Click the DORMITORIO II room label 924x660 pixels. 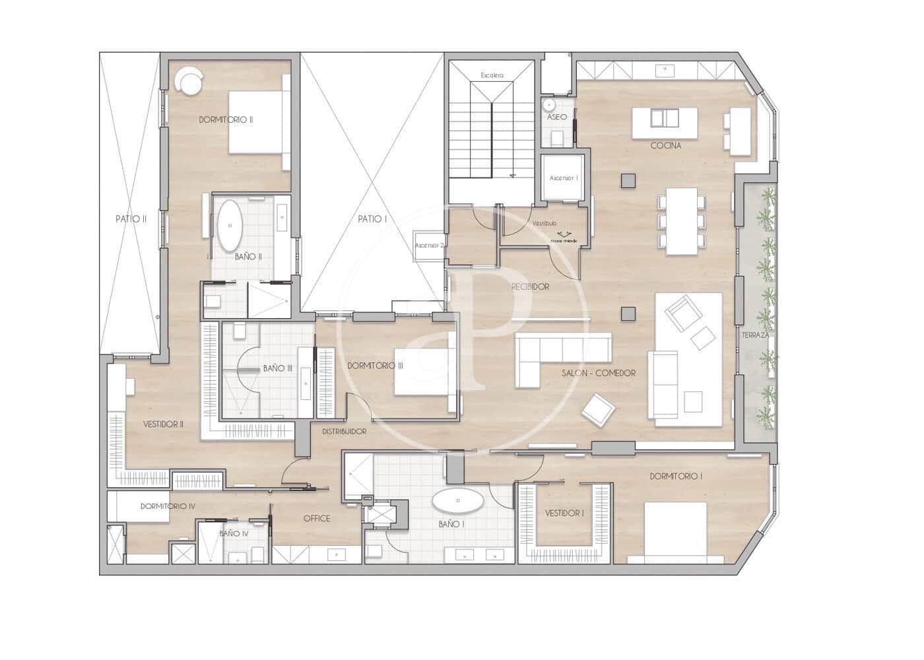coord(226,120)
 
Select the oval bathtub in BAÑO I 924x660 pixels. coord(457,502)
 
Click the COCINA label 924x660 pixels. coord(665,146)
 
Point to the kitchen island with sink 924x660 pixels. coord(665,122)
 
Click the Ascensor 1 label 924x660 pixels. coord(564,178)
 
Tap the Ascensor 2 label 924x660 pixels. coord(428,246)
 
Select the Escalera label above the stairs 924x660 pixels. coord(492,75)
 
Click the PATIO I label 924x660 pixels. coord(372,218)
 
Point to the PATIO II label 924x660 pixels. coord(131,218)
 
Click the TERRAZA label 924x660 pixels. coord(754,336)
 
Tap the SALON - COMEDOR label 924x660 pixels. coord(599,373)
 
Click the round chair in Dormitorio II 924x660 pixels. coord(189,82)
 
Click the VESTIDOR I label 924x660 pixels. coord(564,513)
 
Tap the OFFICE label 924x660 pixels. coord(317,518)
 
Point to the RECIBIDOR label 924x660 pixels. coord(530,287)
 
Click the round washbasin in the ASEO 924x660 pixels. coord(548,104)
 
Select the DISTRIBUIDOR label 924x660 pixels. coord(344,431)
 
